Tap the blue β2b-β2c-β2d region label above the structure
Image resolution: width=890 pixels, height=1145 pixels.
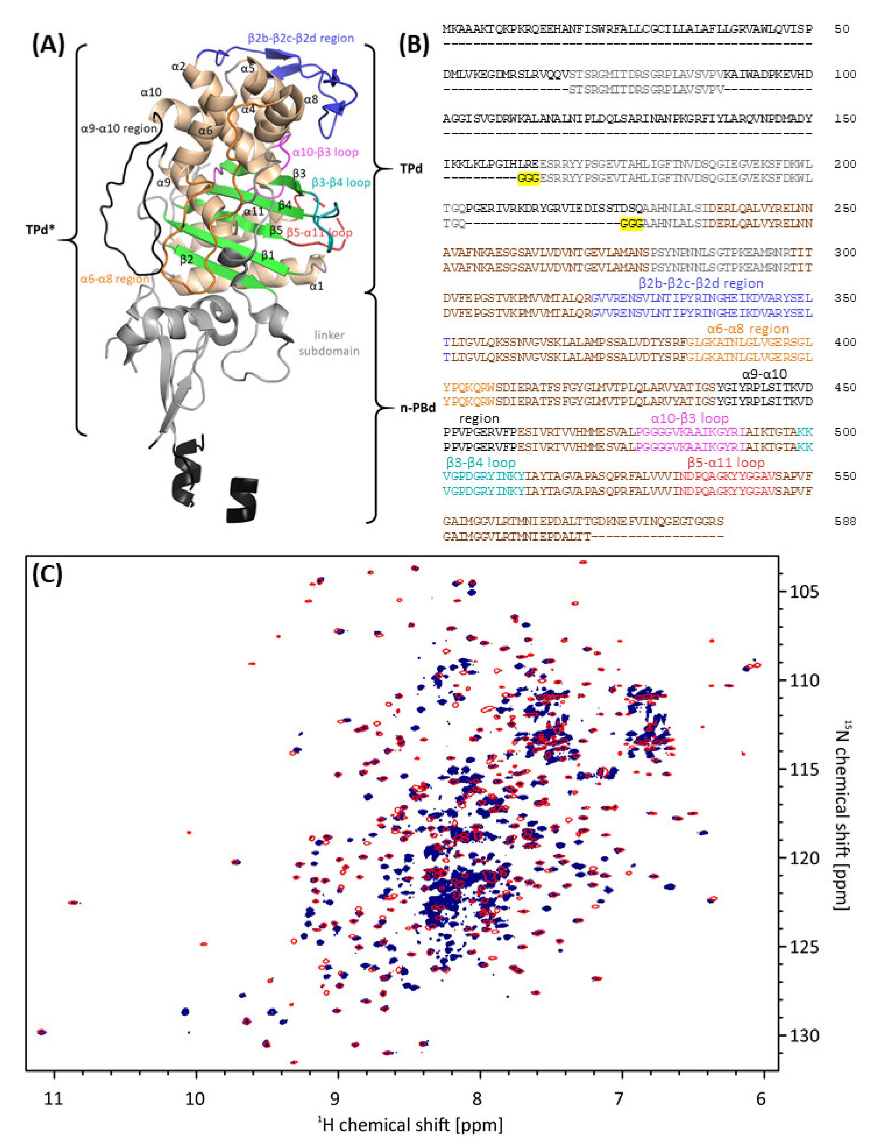300,38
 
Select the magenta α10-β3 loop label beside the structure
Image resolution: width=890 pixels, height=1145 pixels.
325,152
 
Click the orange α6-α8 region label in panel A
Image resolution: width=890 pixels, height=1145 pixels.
114,280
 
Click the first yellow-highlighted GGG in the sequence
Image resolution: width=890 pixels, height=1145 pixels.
528,178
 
